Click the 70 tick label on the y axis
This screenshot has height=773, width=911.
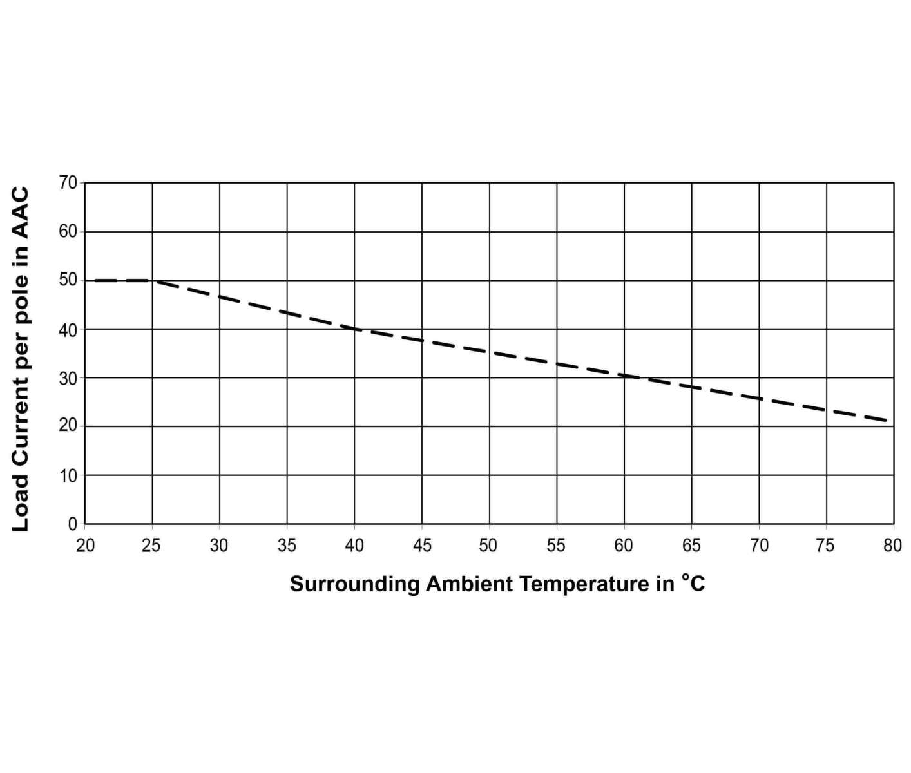(x=68, y=183)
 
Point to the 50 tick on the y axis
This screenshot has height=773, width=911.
(x=68, y=280)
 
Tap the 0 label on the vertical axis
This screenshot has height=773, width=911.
(x=72, y=524)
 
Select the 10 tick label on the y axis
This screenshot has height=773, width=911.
(x=68, y=475)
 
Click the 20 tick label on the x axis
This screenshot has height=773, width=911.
(x=85, y=546)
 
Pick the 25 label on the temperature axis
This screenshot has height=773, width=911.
(x=151, y=546)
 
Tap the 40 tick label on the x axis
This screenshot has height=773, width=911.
(x=354, y=546)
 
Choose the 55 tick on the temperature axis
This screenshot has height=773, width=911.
(x=555, y=546)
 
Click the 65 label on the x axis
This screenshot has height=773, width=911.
(x=691, y=546)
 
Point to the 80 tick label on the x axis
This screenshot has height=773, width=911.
(x=892, y=546)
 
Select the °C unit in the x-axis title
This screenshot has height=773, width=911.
(x=693, y=583)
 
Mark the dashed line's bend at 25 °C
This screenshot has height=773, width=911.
(x=153, y=280)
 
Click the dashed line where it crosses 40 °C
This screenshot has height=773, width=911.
(x=354, y=329)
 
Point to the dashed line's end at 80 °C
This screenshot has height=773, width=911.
(x=889, y=421)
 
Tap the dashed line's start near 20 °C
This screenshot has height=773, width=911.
(x=95, y=280)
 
